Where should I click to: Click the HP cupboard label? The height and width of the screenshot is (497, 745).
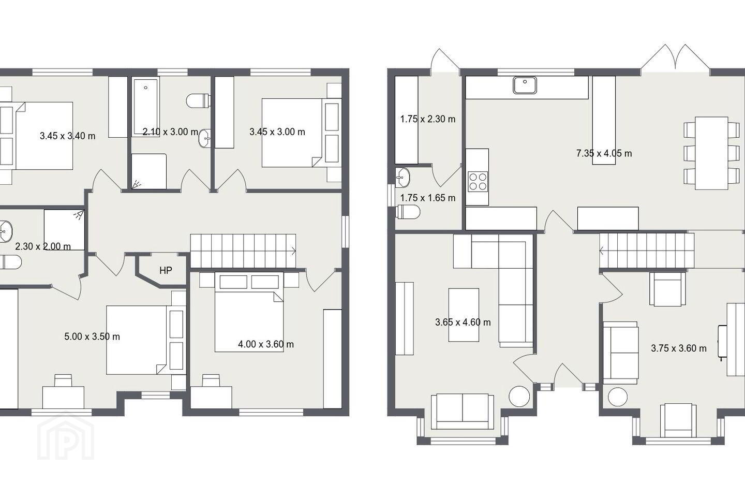166,271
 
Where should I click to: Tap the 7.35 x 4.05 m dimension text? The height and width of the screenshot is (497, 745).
604,153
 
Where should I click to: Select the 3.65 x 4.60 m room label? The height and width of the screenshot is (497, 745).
463,322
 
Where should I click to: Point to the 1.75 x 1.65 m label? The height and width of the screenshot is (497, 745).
428,198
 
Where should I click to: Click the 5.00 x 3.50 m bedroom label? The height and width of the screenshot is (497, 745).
92,337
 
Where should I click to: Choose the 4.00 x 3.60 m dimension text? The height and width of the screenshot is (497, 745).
266,344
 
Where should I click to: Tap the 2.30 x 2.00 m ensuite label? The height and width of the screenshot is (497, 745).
43,246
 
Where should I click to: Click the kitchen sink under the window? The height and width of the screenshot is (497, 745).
525,85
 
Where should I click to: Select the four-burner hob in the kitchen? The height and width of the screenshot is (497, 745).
478,182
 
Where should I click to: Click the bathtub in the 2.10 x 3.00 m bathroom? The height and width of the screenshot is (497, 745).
146,106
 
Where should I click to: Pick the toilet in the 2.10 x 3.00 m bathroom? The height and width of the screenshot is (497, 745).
199,101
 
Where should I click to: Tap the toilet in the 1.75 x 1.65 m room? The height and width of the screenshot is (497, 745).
408,212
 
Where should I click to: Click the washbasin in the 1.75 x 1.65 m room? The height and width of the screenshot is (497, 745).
403,178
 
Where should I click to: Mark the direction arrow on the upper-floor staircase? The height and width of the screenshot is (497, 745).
293,251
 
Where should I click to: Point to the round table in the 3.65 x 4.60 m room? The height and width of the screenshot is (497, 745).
519,396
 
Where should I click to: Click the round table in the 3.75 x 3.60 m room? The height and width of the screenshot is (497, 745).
618,397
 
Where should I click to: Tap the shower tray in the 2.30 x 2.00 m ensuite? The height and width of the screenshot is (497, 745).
64,230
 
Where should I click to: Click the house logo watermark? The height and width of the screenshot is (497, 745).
66,436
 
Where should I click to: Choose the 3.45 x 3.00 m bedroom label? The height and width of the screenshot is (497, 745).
277,132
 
